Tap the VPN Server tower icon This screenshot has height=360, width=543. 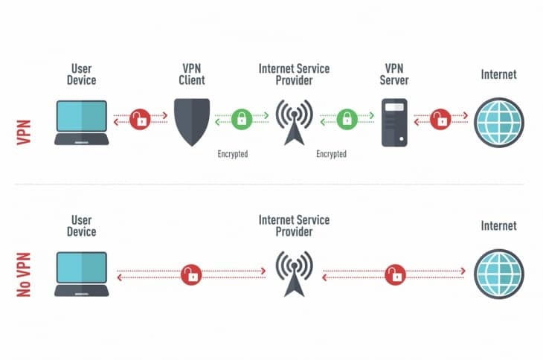pos(393,120)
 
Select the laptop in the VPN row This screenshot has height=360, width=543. pos(82,121)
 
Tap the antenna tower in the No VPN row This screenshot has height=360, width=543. pos(294,274)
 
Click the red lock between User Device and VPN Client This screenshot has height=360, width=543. pos(139,118)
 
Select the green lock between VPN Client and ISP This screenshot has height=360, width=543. pos(241,118)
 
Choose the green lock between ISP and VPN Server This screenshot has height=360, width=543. pos(345,118)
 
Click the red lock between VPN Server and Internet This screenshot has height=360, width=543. pos(441,118)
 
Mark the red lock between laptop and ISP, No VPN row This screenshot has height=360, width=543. pos(191,275)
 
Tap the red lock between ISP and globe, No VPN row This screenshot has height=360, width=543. pos(394,275)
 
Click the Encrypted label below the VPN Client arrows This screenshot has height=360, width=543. pos(232,155)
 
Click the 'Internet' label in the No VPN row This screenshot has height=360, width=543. pos(498,225)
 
